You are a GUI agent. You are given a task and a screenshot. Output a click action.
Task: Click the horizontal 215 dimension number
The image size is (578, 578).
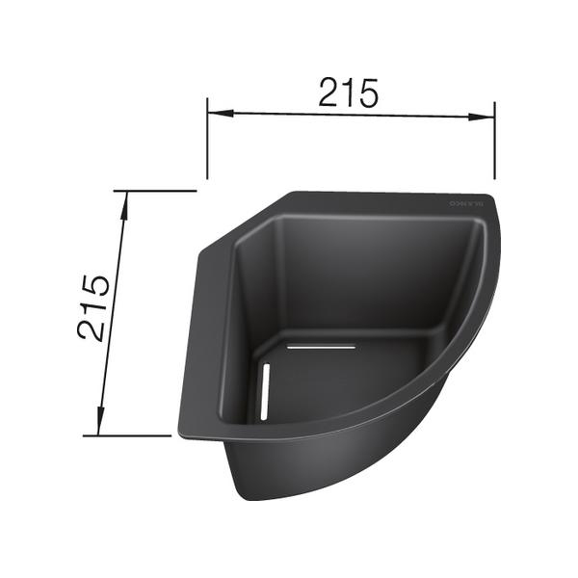point(350,92)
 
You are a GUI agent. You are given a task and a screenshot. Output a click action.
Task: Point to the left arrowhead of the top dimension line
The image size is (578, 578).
point(214,113)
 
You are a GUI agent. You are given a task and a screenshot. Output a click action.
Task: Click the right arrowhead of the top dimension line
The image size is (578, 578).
point(488,118)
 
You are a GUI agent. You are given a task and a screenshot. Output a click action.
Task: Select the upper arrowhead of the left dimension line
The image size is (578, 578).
point(123,197)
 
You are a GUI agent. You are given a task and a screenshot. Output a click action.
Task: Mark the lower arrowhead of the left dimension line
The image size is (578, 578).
point(99,429)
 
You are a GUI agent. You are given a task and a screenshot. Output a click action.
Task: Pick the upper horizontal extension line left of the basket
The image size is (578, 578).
point(154,191)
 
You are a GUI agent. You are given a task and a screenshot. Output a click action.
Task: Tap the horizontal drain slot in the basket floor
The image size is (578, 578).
point(322,344)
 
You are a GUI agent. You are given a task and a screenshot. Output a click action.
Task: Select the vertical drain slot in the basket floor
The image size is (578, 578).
point(264,391)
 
